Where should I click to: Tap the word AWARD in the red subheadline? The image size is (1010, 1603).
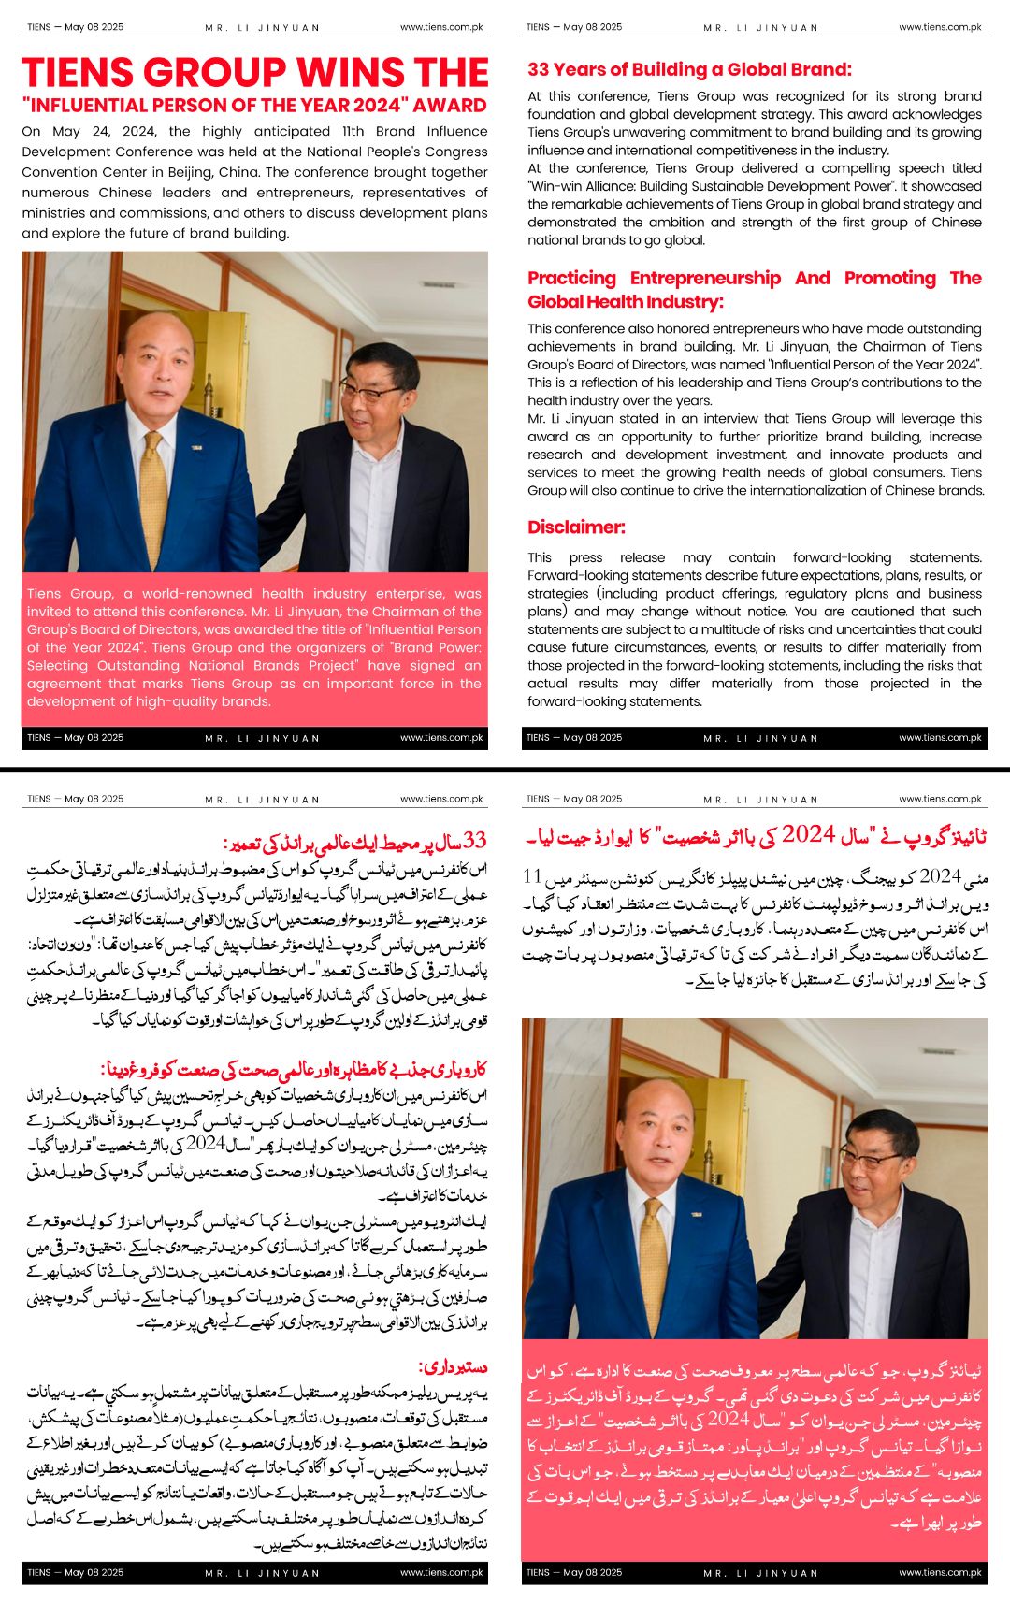click(450, 106)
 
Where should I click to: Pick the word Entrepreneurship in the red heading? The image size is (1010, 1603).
click(705, 278)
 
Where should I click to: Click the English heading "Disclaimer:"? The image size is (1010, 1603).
click(576, 527)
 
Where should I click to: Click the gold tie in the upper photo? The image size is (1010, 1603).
click(154, 486)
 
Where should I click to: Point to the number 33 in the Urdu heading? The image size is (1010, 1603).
click(475, 840)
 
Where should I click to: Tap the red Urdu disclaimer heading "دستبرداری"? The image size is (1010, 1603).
click(454, 1367)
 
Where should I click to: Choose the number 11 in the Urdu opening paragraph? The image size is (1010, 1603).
click(532, 876)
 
